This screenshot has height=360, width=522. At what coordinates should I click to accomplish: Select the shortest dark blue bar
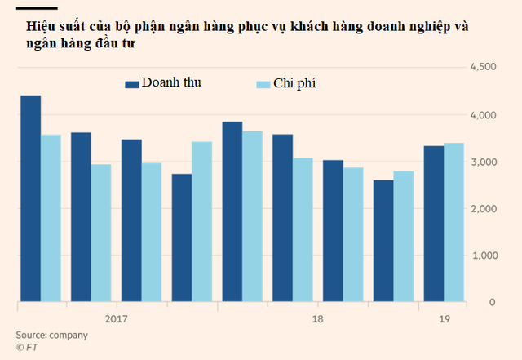coord(383,241)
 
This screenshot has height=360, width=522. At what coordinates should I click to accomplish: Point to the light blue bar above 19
coord(454,222)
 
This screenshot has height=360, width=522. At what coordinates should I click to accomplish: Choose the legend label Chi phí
coord(300,84)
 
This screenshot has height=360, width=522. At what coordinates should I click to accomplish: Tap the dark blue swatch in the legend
coord(131,83)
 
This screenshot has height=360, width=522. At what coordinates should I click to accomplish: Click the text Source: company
coord(51,335)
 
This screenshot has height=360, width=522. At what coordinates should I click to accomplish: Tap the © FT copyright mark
coord(27,348)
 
